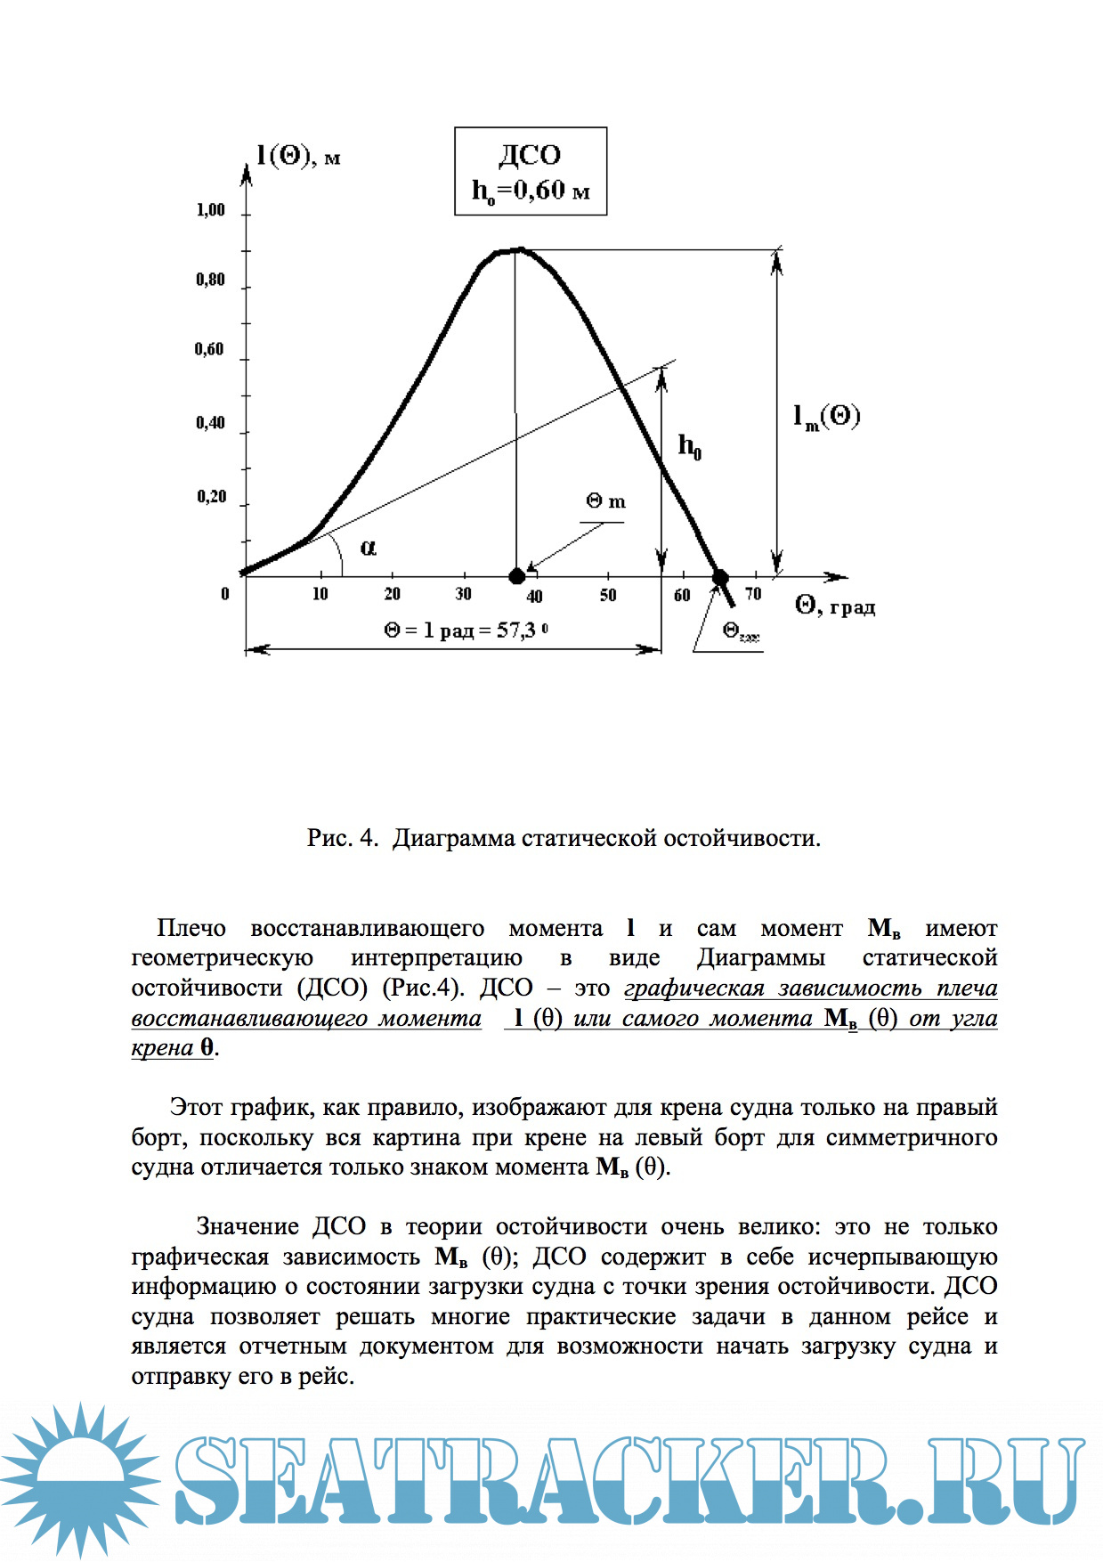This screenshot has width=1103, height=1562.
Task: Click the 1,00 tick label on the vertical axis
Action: [x=211, y=210]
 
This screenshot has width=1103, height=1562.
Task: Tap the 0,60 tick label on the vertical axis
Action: [x=210, y=349]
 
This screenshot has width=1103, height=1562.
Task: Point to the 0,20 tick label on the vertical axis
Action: [x=212, y=496]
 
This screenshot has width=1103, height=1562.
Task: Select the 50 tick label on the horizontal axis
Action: [x=608, y=595]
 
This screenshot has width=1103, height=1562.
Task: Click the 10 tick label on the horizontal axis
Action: [x=320, y=594]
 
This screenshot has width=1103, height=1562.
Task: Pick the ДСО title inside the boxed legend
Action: [x=530, y=155]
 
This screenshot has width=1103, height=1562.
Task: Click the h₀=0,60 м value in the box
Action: [x=531, y=191]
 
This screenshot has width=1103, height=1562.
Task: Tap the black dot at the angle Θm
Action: [x=516, y=577]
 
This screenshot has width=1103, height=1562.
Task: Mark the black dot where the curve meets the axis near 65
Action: [x=719, y=578]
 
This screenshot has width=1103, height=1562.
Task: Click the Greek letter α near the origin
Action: [x=368, y=547]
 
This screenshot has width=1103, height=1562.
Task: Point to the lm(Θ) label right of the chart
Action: [x=826, y=416]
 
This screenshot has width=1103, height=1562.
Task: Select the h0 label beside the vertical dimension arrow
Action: [x=690, y=445]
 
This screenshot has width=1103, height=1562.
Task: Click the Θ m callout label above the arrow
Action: [x=605, y=501]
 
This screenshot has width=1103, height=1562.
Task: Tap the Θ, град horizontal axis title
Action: [x=835, y=606]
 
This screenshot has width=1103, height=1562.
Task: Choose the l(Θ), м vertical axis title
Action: [x=298, y=157]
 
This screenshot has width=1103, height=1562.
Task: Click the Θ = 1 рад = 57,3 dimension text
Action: [x=466, y=630]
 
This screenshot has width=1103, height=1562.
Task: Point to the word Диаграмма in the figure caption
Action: [x=453, y=838]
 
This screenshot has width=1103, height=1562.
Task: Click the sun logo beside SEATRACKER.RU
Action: [x=80, y=1478]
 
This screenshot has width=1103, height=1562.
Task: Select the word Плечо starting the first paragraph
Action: [x=191, y=928]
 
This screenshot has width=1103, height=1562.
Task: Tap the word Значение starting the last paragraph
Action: [x=247, y=1226]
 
